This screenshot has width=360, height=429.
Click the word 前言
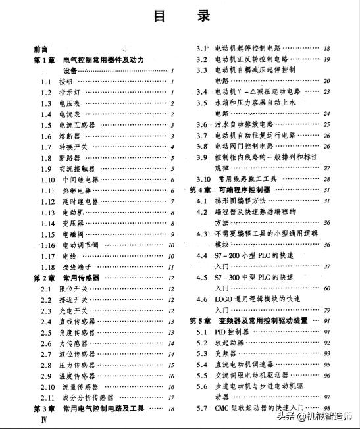[x=41, y=49]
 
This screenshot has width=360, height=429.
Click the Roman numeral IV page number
[x=44, y=419]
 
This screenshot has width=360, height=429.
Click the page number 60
[x=326, y=288]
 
